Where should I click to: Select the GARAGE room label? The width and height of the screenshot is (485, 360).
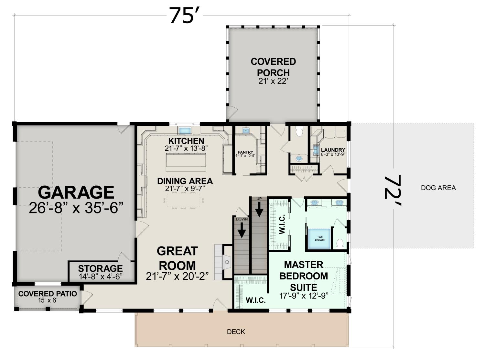point(76,192)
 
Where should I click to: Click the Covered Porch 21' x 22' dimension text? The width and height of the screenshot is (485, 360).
point(273,81)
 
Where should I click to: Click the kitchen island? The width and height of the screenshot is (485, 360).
point(186,162)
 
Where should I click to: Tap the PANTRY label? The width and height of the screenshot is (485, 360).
point(245,152)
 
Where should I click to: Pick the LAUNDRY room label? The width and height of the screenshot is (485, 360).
point(333,150)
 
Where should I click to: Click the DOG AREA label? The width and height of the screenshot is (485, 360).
point(438,188)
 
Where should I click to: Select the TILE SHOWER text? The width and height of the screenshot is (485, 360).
point(320,238)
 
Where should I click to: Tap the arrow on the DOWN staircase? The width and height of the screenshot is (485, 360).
point(242,230)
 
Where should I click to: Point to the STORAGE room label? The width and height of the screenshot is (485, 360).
point(100,268)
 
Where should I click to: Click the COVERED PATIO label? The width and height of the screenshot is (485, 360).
point(48,294)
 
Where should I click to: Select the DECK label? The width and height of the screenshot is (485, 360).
point(236,332)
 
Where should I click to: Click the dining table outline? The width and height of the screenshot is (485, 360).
point(183,200)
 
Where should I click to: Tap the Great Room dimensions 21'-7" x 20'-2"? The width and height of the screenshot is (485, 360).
point(177,276)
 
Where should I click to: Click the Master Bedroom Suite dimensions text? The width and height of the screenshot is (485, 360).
point(304,296)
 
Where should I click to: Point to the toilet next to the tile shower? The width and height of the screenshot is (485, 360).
point(339,244)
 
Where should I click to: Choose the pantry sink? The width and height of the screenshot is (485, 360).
point(246,131)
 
